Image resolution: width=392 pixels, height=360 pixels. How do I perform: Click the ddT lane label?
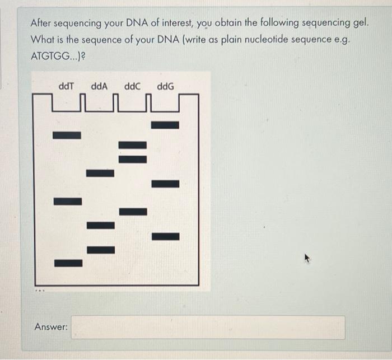[67, 87]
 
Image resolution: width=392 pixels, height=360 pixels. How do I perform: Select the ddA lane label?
[99, 87]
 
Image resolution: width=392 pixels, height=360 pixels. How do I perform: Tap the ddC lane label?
[133, 87]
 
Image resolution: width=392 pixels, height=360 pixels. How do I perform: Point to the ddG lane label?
[166, 87]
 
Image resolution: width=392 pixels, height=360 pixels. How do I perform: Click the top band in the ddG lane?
[165, 125]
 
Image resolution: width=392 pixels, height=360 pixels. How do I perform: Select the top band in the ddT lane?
[67, 135]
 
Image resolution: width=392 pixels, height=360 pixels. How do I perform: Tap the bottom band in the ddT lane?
[68, 262]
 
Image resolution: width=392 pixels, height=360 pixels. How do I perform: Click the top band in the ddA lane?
[100, 173]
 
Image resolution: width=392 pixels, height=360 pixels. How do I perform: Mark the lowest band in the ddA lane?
[100, 249]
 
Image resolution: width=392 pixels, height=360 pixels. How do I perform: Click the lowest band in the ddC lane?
[133, 212]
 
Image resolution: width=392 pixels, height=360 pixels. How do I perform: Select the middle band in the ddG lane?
[165, 184]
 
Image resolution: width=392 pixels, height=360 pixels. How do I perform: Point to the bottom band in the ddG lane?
[165, 236]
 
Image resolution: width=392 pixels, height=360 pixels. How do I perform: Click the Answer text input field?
[208, 327]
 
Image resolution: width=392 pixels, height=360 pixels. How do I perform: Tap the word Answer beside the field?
[52, 326]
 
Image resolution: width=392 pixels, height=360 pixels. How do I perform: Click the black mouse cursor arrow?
[307, 259]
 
